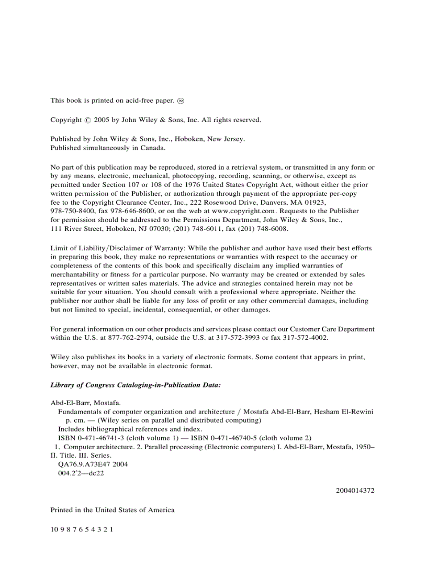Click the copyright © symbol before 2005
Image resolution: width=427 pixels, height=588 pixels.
pyautogui.click(x=87, y=120)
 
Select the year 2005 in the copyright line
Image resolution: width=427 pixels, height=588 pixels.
pyautogui.click(x=102, y=120)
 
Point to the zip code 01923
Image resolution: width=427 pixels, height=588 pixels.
pyautogui.click(x=314, y=202)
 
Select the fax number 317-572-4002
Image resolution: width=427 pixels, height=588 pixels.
pyautogui.click(x=307, y=338)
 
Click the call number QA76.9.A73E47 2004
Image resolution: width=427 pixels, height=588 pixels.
pyautogui.click(x=93, y=464)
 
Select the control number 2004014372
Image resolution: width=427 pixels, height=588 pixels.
pyautogui.click(x=355, y=491)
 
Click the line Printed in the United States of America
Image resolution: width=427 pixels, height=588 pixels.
pyautogui.click(x=113, y=510)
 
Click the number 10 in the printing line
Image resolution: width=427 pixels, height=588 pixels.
pyautogui.click(x=54, y=529)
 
